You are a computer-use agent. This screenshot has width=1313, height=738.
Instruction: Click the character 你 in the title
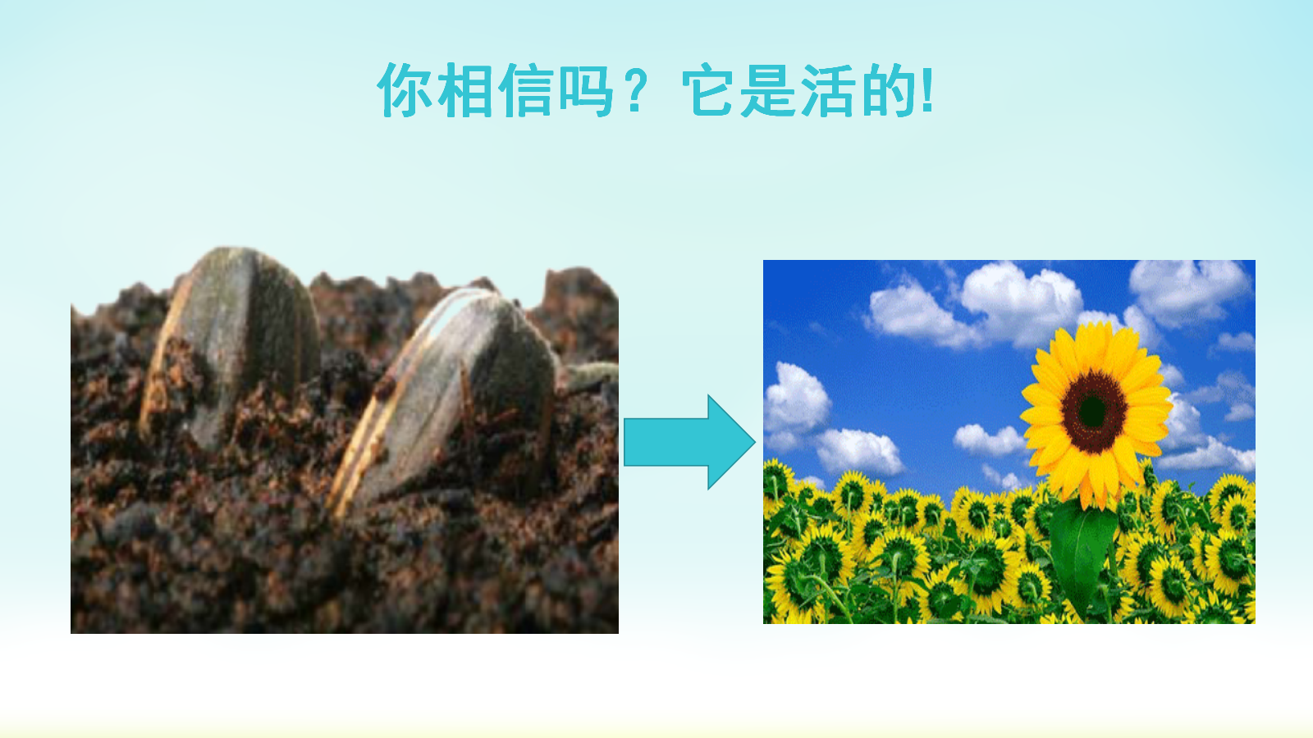coord(405,90)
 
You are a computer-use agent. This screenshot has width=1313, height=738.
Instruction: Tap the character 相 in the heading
coord(465,90)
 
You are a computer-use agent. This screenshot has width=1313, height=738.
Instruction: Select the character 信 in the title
coord(526,90)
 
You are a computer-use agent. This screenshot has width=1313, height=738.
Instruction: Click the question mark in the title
coord(635,90)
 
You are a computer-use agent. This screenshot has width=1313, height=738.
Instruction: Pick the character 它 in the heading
coord(709,90)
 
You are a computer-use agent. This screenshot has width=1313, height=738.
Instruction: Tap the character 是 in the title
coord(769,90)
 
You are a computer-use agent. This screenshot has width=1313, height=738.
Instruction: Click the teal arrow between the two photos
coord(689,442)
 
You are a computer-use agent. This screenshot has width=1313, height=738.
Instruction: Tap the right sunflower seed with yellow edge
coord(446,399)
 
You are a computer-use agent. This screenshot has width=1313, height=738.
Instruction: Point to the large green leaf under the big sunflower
coord(1082,557)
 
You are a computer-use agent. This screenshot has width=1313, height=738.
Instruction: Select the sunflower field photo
coord(1009,442)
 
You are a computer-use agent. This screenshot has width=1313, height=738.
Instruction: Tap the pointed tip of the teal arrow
coord(755,442)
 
